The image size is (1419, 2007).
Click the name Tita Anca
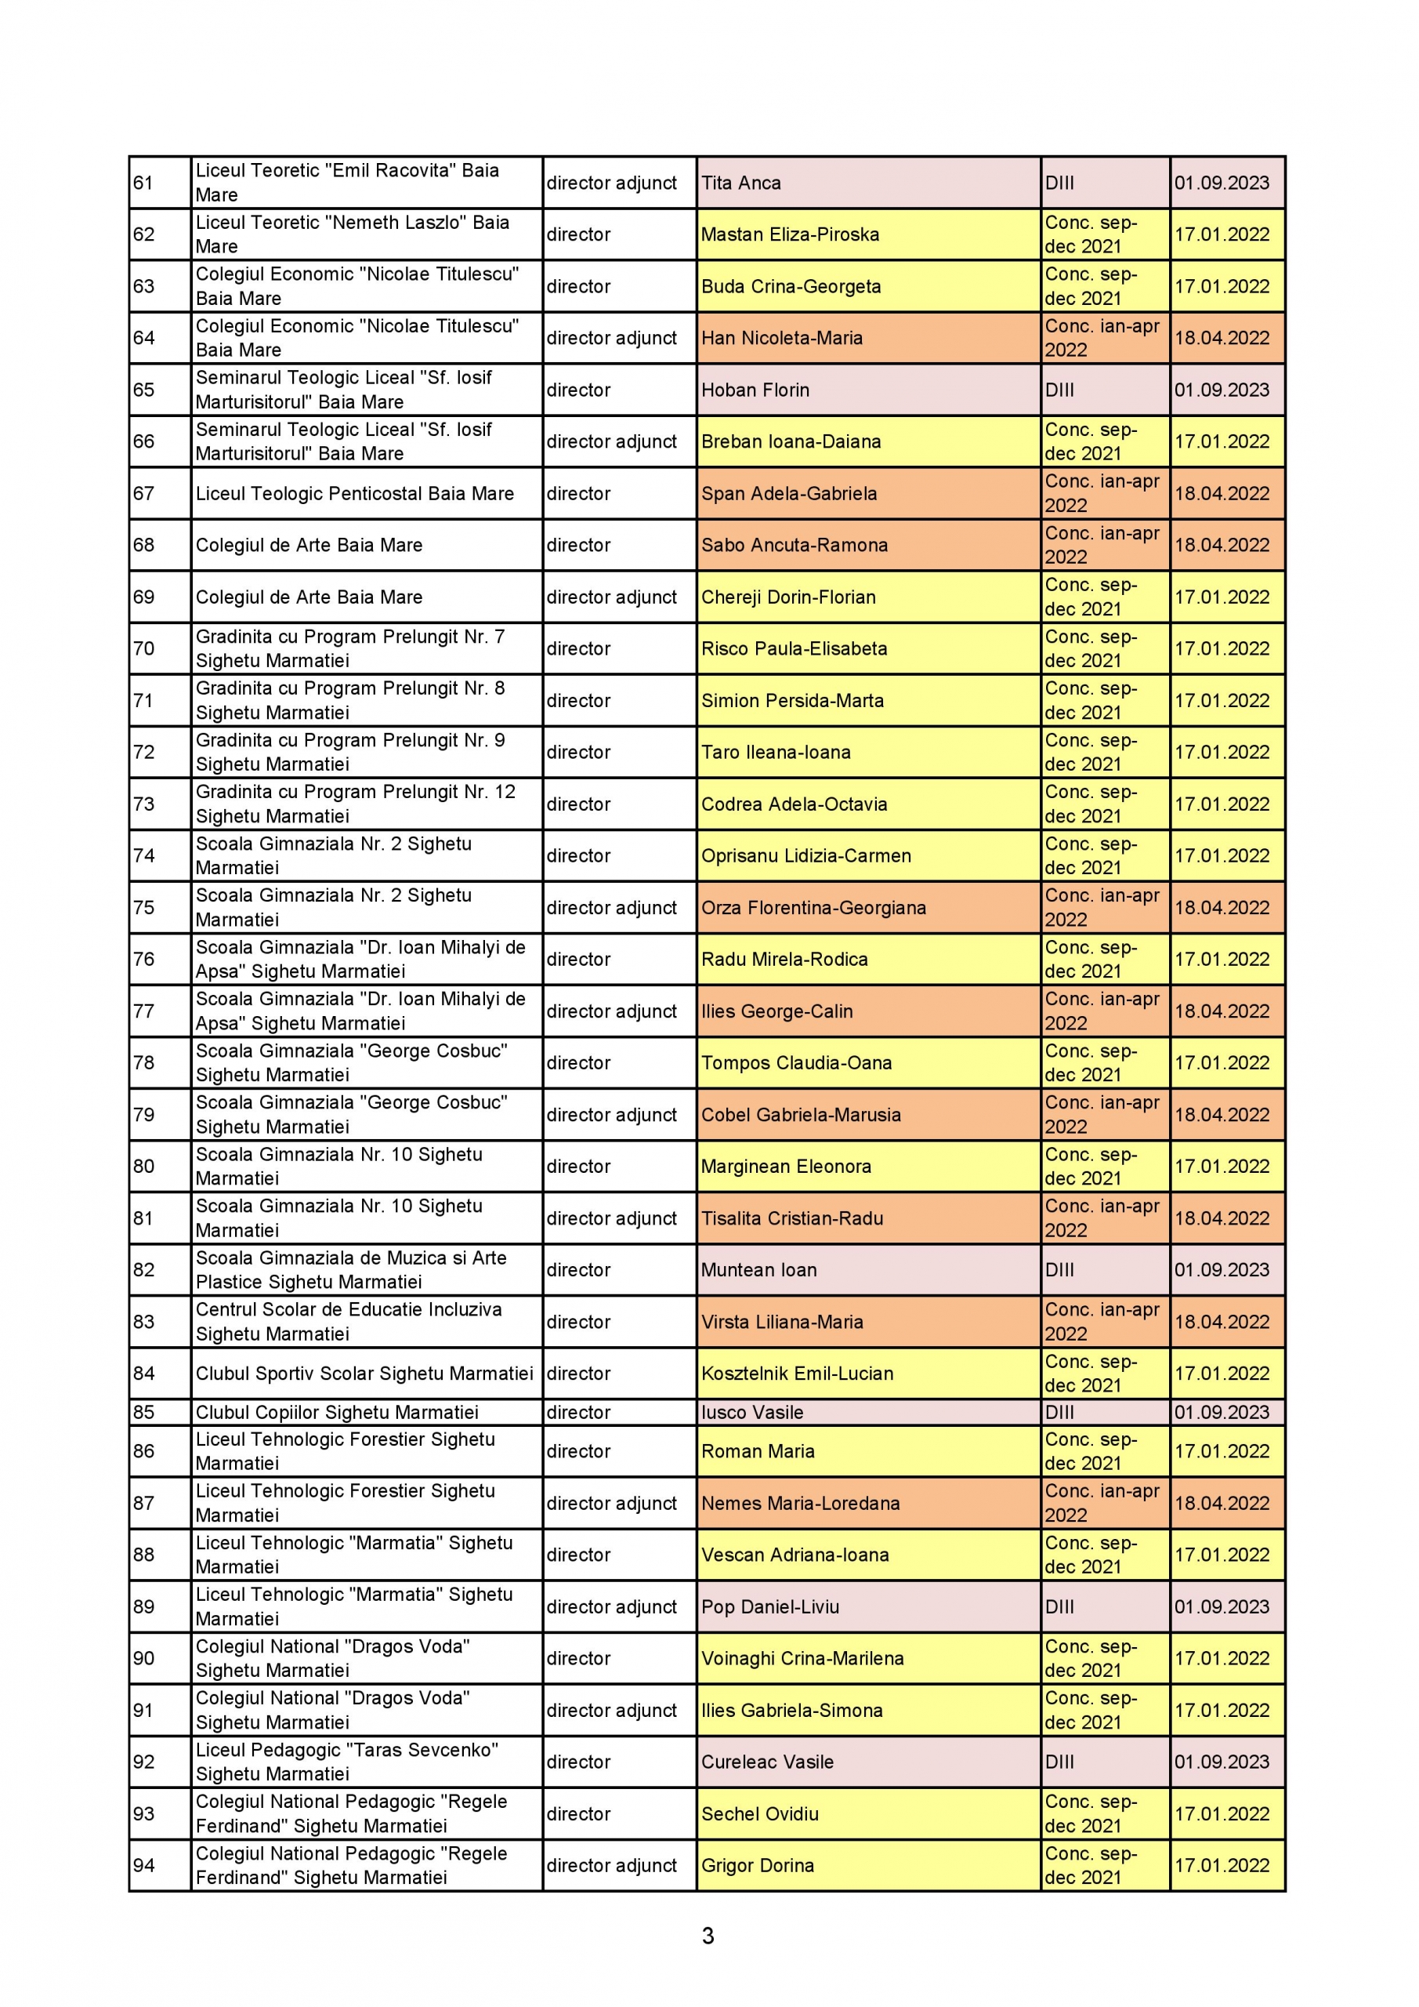coord(741,183)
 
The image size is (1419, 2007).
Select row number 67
coord(143,493)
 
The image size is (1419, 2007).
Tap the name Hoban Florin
coord(755,390)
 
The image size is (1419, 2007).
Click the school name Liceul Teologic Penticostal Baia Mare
coord(354,493)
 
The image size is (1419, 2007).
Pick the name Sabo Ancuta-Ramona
coord(795,545)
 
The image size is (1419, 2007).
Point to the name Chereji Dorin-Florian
coord(788,597)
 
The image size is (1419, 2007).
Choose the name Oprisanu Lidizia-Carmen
coord(805,856)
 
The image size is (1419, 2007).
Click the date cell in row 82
coord(1222,1269)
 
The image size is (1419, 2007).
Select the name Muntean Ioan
coord(758,1269)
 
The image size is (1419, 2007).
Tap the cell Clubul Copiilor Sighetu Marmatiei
coord(336,1412)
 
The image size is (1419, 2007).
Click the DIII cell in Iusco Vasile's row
coord(1060,1412)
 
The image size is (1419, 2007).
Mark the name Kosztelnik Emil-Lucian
coord(797,1374)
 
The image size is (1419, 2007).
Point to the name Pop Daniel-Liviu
coord(769,1606)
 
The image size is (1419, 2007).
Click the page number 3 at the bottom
coord(708,1936)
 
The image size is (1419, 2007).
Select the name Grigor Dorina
coord(758,1865)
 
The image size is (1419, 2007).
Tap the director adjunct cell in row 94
coord(612,1865)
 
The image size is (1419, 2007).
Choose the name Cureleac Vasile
coord(767,1762)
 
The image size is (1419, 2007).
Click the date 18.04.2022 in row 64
coord(1222,337)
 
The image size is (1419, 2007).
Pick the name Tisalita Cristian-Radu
coord(791,1218)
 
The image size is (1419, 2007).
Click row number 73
coord(143,804)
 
